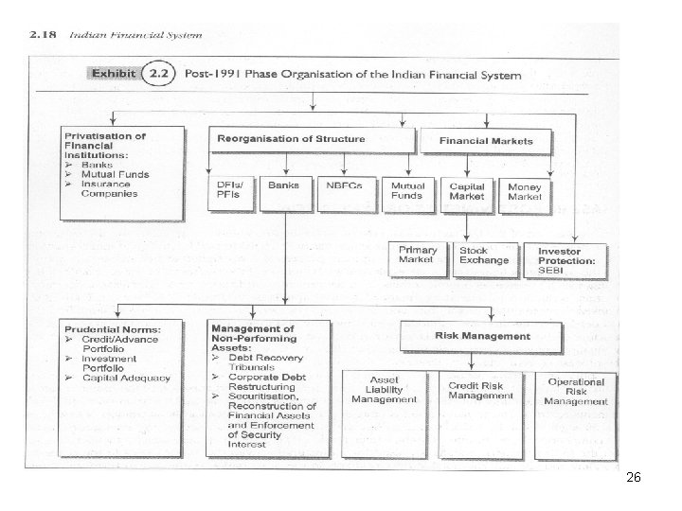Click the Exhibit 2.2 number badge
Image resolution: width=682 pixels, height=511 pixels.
pos(161,72)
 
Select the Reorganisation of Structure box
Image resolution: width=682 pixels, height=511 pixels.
pos(314,140)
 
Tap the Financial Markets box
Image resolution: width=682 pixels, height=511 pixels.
pos(486,141)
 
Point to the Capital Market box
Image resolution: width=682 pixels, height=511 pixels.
pos(467,192)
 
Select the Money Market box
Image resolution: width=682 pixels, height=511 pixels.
pos(526,192)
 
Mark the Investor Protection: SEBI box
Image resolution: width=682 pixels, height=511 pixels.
pos(569,260)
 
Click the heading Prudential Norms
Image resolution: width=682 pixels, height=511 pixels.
pos(113,329)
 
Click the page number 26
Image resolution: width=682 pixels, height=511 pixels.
pos(634,479)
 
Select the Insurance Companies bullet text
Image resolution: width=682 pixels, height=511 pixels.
pos(109,189)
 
